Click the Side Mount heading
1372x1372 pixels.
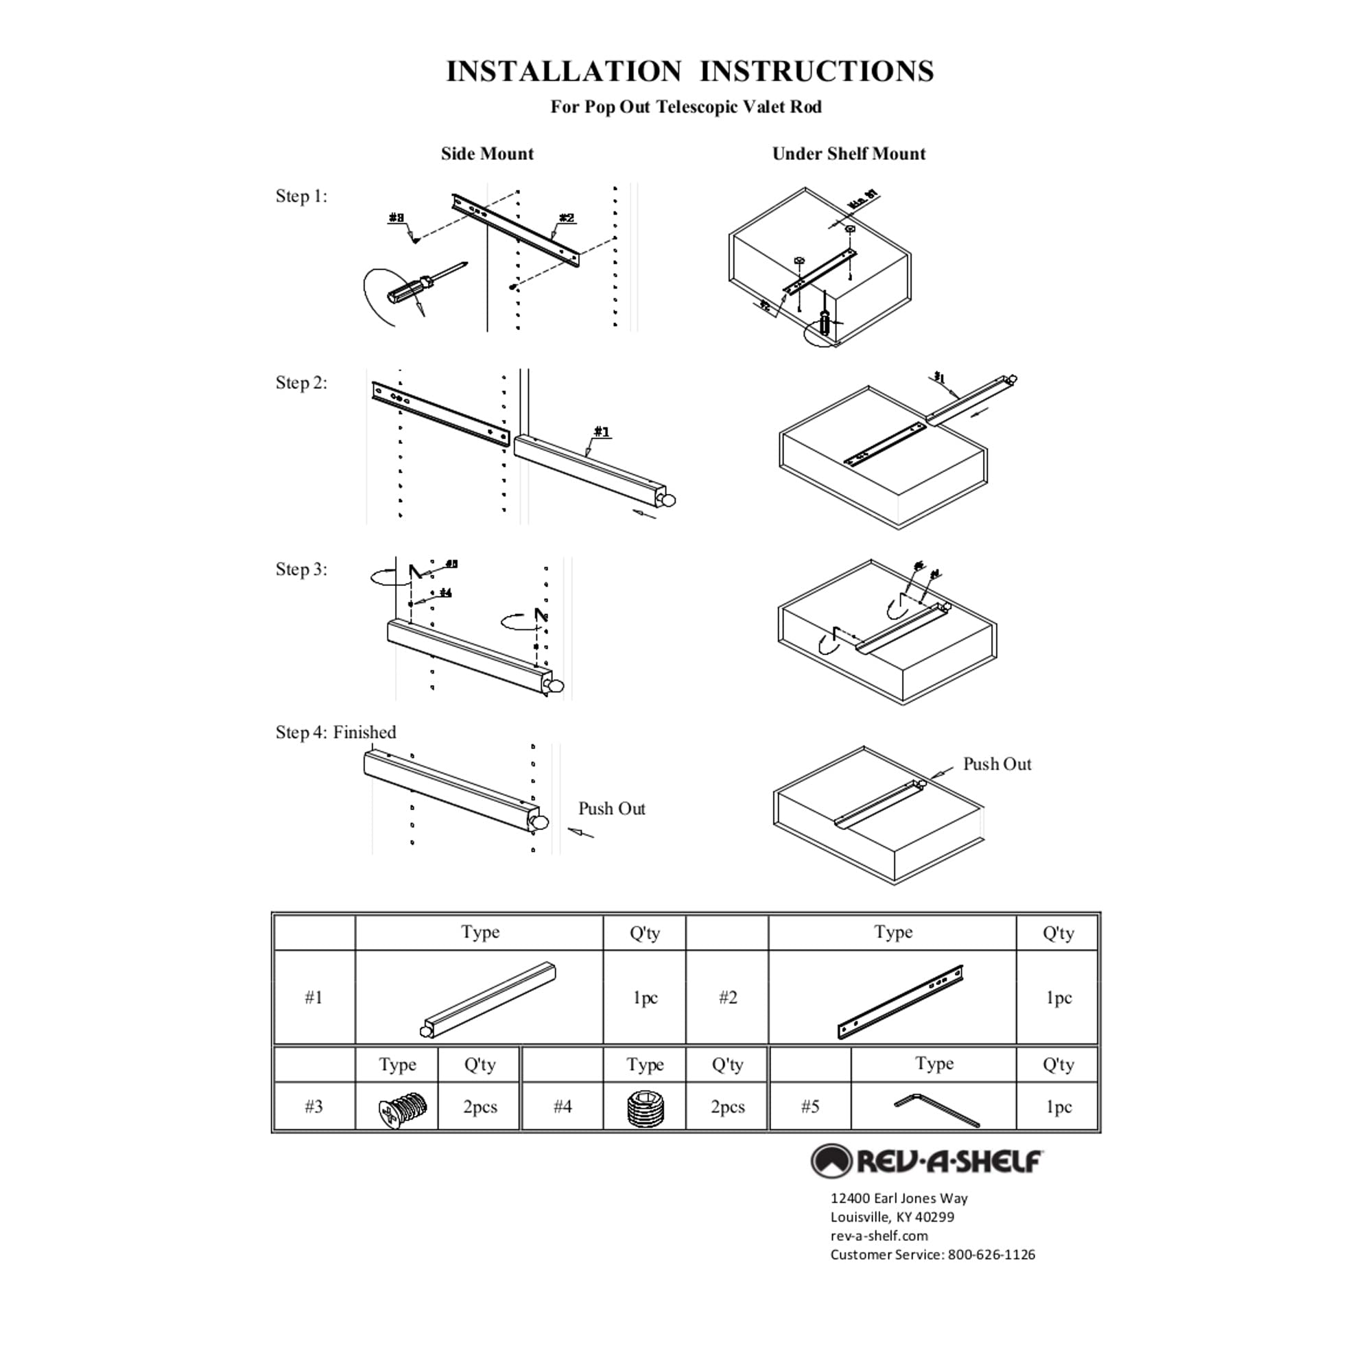(486, 154)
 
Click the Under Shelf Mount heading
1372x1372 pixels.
(848, 154)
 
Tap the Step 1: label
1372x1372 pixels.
(301, 196)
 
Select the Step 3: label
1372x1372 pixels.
(301, 569)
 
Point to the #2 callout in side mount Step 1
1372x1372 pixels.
(566, 218)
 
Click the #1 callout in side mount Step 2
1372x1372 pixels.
(602, 431)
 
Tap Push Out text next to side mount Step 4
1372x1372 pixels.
(611, 808)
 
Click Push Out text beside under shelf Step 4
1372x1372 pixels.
(996, 764)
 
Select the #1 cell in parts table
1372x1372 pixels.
(314, 997)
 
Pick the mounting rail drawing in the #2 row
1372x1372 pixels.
(900, 1002)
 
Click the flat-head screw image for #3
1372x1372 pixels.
(401, 1107)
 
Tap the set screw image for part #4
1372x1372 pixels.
(645, 1108)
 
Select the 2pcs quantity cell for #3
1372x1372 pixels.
(480, 1107)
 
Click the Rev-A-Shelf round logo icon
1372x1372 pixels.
(831, 1161)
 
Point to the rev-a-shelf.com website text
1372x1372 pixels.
(879, 1235)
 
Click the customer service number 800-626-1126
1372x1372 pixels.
(991, 1254)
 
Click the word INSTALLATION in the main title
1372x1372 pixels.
(563, 71)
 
